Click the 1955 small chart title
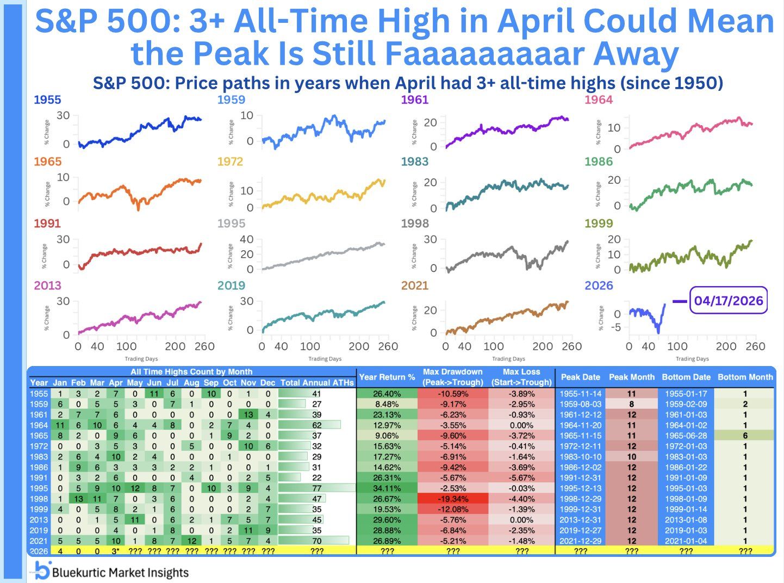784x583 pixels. (47, 100)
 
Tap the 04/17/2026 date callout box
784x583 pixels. (728, 301)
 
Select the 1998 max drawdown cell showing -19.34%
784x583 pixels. (452, 499)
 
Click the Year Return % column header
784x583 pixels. (387, 377)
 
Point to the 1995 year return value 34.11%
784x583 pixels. (387, 488)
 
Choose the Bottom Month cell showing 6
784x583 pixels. (745, 436)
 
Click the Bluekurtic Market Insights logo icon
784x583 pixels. (42, 571)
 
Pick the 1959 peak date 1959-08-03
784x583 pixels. (580, 404)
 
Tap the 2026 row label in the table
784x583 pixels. (39, 551)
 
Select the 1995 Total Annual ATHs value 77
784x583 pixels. (316, 488)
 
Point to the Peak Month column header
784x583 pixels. (631, 377)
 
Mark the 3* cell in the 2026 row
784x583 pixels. (116, 551)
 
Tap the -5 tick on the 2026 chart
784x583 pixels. (615, 327)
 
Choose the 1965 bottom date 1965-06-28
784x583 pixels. (686, 436)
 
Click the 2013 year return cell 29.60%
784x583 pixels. (387, 520)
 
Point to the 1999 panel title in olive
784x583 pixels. (599, 224)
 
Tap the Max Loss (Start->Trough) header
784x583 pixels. (521, 377)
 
